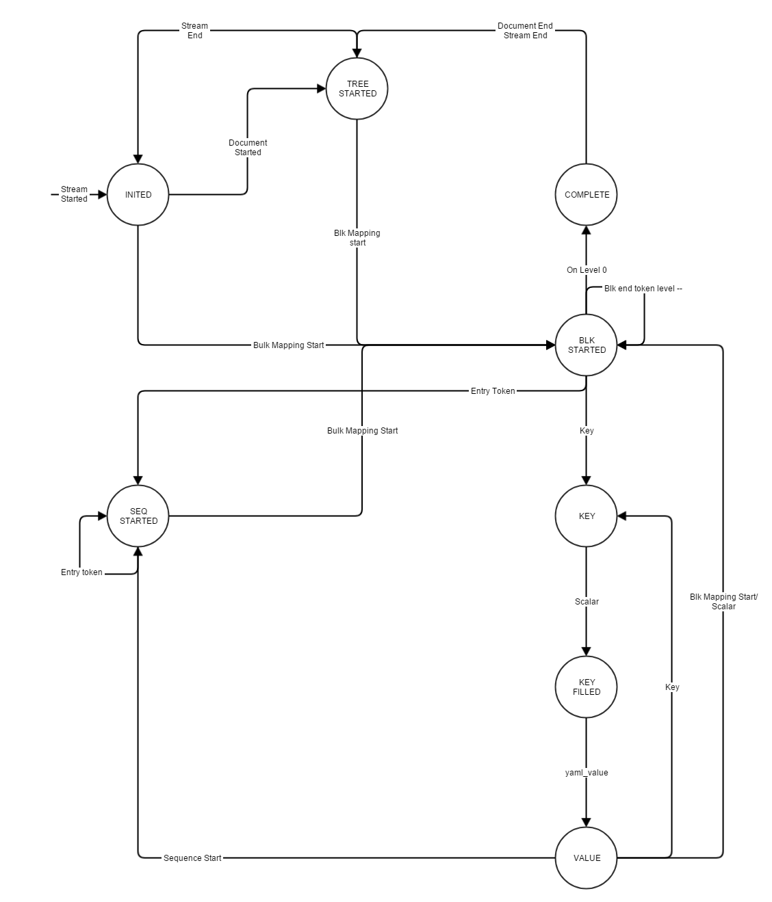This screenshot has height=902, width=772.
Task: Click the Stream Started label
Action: pos(74,194)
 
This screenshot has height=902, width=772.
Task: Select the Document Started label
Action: pos(248,148)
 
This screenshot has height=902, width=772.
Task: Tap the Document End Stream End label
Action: pos(525,31)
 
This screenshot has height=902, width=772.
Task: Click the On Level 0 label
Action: pos(587,270)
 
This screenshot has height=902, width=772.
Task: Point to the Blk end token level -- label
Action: pos(643,289)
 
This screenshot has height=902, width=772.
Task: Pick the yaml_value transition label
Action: pos(587,772)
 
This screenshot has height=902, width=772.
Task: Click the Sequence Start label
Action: pos(192,858)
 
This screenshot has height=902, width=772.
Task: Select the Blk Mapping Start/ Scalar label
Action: pos(723,602)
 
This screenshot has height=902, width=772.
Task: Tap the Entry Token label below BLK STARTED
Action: pos(493,391)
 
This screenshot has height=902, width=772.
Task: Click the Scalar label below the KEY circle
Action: pos(587,601)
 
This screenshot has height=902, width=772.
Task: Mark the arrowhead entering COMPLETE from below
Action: pos(586,230)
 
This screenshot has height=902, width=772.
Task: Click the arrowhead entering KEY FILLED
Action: pos(586,651)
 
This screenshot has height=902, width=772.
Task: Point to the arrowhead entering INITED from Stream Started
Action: pos(102,195)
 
